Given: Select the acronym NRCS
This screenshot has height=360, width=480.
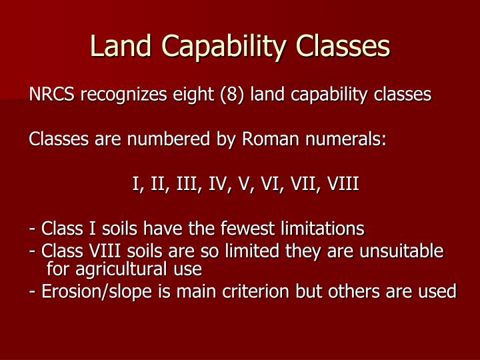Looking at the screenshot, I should point(52,95).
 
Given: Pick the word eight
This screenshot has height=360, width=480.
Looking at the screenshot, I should point(196,95).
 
